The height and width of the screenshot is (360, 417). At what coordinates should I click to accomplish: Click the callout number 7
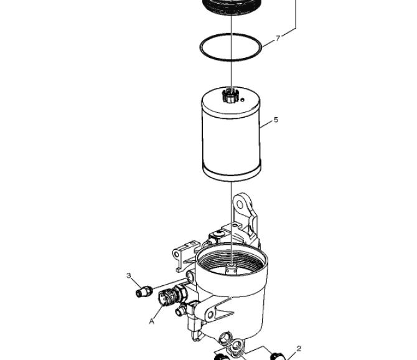[x=278, y=39]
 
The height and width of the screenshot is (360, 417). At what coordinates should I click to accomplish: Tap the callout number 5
[x=276, y=120]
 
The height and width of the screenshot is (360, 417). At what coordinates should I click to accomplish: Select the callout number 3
[x=129, y=275]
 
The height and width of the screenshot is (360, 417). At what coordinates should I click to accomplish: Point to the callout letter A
[x=152, y=321]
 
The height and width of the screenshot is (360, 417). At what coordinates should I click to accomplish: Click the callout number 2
[x=299, y=349]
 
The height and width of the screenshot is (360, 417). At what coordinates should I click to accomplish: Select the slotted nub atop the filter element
[x=230, y=96]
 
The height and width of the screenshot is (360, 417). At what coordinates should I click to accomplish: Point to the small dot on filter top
[x=242, y=100]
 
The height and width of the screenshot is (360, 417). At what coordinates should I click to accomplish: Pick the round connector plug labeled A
[x=167, y=298]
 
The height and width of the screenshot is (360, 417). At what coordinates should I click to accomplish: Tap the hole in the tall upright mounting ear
[x=240, y=204]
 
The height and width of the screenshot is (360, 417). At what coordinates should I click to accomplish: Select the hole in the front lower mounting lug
[x=210, y=315]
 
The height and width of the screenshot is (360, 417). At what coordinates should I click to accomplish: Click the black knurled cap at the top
[x=232, y=7]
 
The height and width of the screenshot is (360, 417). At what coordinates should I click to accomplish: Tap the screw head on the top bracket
[x=220, y=234]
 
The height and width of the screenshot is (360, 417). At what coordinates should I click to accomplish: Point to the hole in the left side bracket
[x=177, y=254]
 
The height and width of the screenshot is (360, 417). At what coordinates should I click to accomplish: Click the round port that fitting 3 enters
[x=190, y=276]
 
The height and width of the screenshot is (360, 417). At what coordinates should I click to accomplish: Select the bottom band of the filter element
[x=232, y=172]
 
